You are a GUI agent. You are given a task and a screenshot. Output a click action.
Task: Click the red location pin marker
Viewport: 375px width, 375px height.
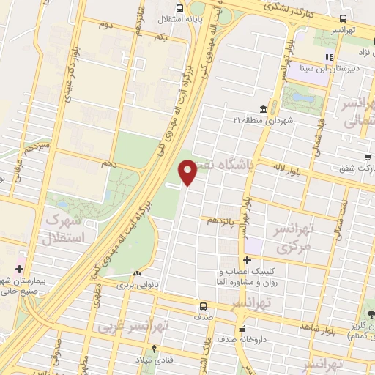point(188,171)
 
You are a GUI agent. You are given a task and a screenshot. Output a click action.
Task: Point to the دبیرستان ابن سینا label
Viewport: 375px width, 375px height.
point(338,70)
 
